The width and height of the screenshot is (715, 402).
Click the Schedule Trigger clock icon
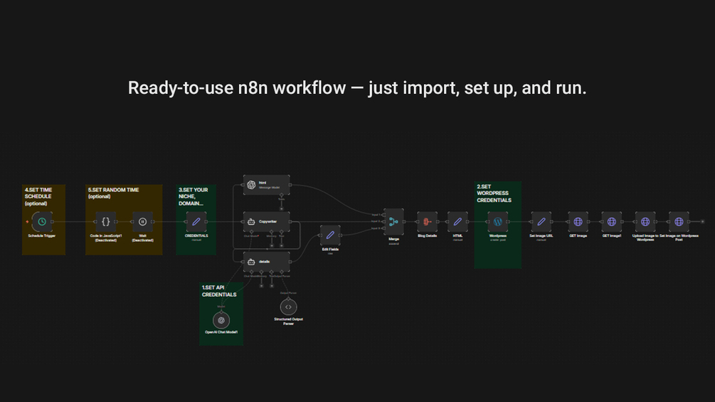click(43, 221)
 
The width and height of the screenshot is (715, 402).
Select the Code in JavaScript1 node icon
click(106, 221)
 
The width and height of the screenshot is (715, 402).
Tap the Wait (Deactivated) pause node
click(142, 221)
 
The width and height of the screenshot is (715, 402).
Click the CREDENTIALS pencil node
click(196, 221)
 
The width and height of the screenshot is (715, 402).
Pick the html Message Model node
click(266, 184)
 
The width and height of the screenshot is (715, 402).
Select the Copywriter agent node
click(266, 222)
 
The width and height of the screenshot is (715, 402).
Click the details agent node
click(266, 262)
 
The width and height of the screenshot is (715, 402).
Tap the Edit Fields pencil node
click(329, 235)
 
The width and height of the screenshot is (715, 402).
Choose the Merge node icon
click(393, 221)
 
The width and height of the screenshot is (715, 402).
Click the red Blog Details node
click(427, 221)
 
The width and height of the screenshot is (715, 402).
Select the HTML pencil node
click(457, 221)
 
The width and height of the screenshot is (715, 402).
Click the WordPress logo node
click(498, 221)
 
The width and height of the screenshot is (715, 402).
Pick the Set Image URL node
click(541, 221)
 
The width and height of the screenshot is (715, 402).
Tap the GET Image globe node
click(578, 221)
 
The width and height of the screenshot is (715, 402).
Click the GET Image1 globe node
click(611, 221)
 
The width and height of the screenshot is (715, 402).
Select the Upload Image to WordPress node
click(645, 221)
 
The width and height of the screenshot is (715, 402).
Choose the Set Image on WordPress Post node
click(679, 221)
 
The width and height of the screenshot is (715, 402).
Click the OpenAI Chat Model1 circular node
click(221, 320)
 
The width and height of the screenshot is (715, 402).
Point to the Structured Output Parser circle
click(288, 307)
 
